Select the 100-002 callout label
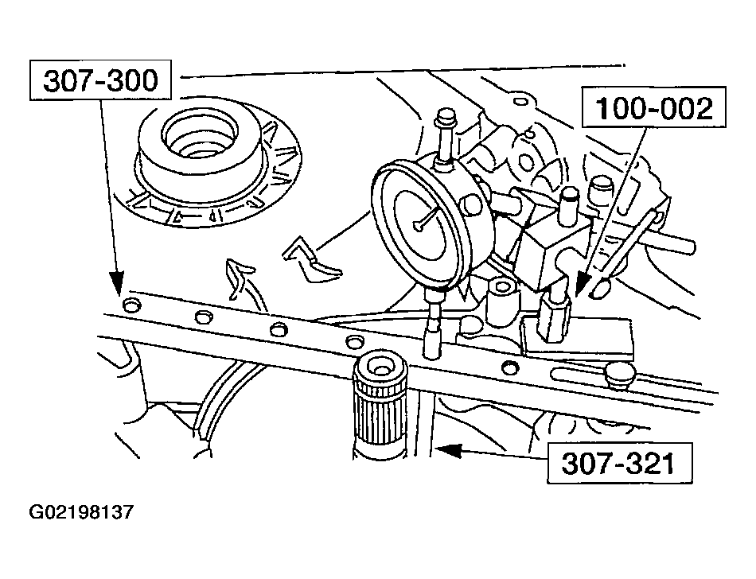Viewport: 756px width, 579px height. click(x=654, y=109)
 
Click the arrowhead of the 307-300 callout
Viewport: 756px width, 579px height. click(x=116, y=282)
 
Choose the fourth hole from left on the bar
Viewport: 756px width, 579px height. click(x=353, y=342)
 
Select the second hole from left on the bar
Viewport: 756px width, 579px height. click(x=202, y=317)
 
